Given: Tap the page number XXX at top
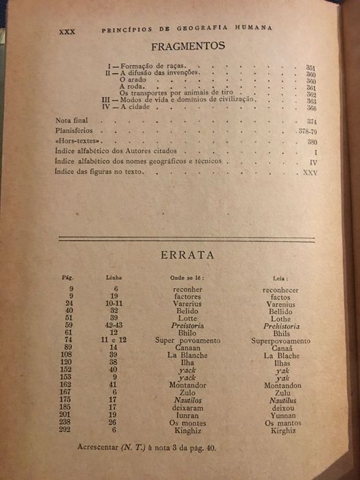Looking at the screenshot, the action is (x=67, y=31).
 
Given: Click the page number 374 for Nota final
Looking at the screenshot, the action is (x=311, y=121).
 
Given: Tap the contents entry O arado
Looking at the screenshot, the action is (x=132, y=81).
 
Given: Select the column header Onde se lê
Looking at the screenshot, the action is (x=187, y=278).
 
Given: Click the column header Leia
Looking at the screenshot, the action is (x=280, y=279).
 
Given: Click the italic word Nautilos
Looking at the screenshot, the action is (x=187, y=400).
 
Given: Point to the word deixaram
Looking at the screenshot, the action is (x=187, y=408).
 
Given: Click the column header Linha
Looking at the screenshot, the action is (x=114, y=279).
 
